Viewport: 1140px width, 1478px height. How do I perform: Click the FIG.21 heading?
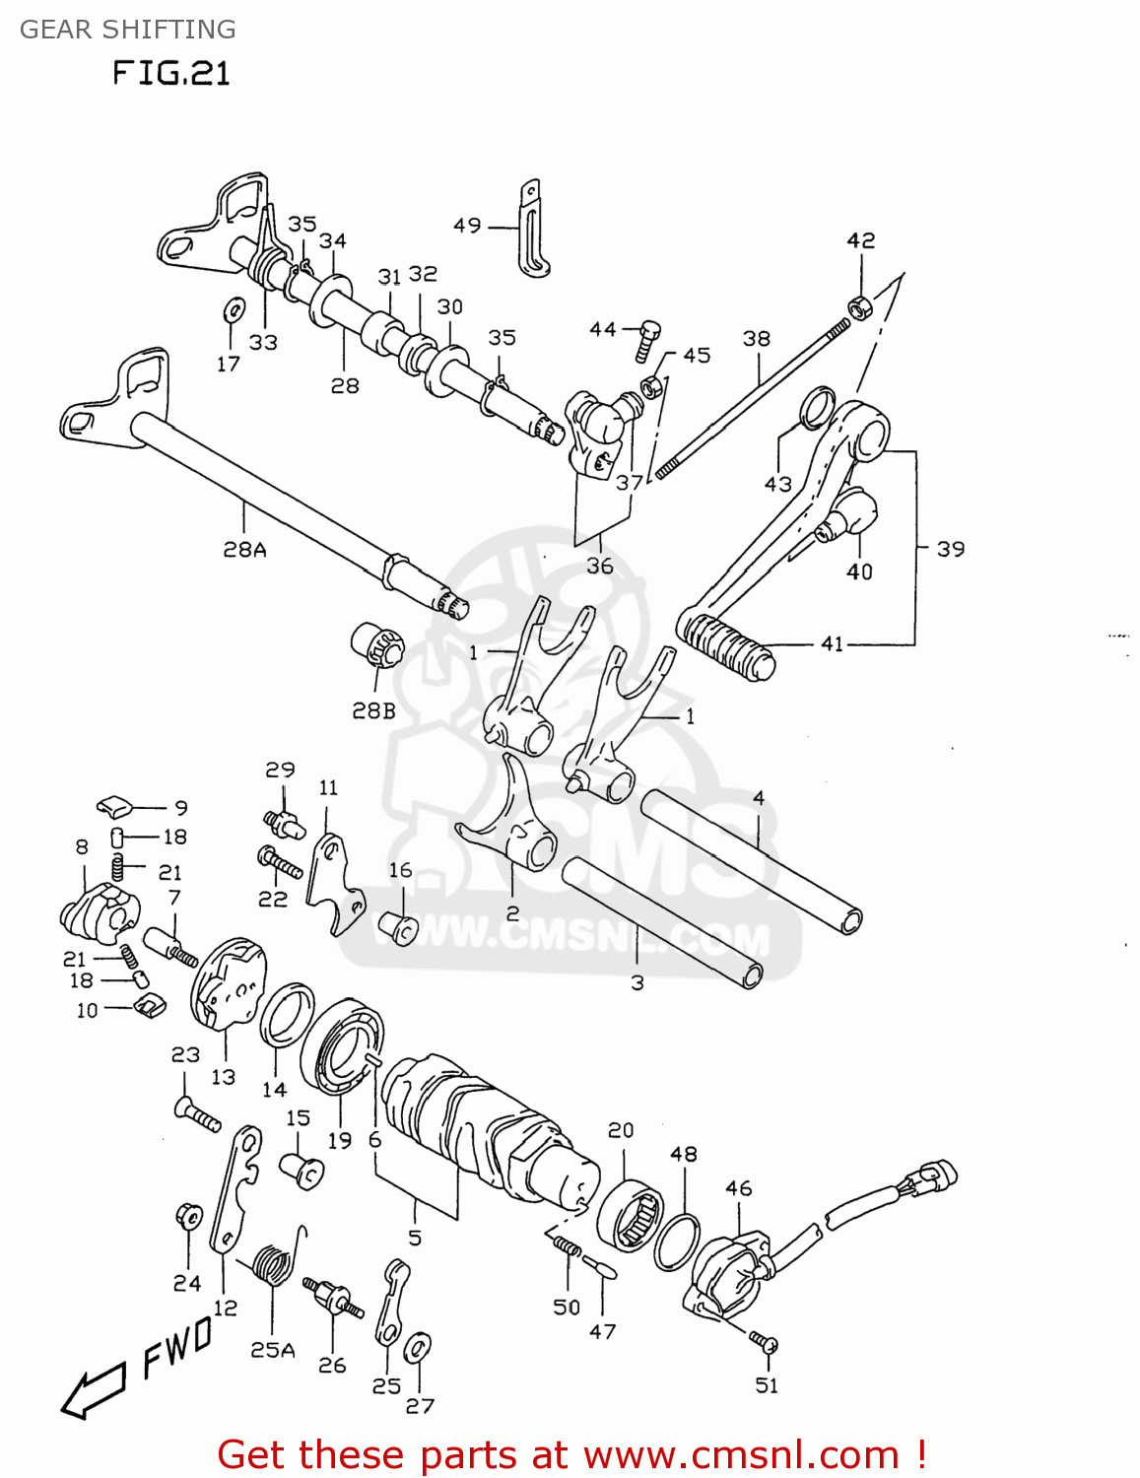tap(170, 73)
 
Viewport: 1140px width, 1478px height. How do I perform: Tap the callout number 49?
tap(466, 226)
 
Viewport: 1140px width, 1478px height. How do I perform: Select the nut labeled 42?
tap(860, 306)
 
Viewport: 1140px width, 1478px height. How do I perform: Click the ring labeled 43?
tap(816, 407)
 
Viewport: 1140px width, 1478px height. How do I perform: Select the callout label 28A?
tap(244, 550)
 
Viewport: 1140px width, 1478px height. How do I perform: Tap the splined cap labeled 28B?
tap(377, 646)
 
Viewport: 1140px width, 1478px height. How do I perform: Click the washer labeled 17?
tap(234, 309)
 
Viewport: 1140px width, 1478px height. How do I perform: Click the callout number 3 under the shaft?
tap(637, 982)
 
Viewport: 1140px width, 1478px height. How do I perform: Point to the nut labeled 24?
tap(187, 1217)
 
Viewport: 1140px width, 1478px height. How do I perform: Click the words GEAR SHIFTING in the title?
tap(127, 30)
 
